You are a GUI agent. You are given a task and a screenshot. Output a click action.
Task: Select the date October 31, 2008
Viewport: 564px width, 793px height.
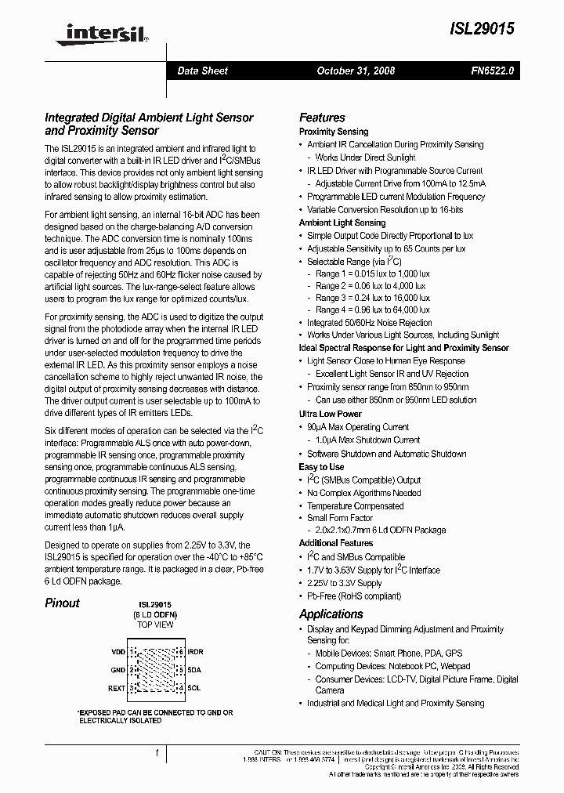[x=356, y=71]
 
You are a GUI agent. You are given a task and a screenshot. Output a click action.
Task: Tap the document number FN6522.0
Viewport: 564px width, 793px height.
[x=493, y=71]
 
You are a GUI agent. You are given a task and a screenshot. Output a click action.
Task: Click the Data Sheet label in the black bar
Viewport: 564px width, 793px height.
[x=202, y=71]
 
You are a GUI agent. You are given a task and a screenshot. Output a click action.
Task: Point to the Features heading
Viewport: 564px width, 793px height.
[x=322, y=118]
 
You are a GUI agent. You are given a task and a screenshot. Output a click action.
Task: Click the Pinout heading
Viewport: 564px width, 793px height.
[x=62, y=603]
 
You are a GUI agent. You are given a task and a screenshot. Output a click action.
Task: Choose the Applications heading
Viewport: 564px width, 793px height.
[x=331, y=614]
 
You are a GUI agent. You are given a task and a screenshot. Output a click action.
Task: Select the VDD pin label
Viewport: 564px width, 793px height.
[x=118, y=651]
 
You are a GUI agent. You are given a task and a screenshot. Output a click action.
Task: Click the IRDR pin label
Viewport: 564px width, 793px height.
[x=195, y=651]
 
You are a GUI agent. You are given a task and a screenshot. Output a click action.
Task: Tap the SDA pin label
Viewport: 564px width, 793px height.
[x=194, y=670]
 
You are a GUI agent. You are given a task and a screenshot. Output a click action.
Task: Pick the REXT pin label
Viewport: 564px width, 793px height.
[x=117, y=689]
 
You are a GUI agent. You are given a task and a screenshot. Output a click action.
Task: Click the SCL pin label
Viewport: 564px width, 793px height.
[x=193, y=689]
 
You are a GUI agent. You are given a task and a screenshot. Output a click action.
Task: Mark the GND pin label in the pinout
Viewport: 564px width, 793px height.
[x=118, y=670]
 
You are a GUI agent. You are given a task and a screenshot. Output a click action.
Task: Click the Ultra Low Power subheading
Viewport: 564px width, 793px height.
[x=330, y=414]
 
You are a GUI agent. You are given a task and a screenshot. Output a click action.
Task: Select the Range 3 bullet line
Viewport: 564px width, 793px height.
[x=372, y=298]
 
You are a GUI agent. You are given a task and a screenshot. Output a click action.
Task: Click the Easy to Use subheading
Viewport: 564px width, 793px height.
[x=321, y=467]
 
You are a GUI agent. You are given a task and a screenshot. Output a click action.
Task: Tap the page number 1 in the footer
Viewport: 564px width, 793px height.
[x=157, y=753]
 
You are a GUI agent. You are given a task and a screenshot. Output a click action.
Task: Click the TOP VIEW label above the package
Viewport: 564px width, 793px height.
[x=155, y=625]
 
